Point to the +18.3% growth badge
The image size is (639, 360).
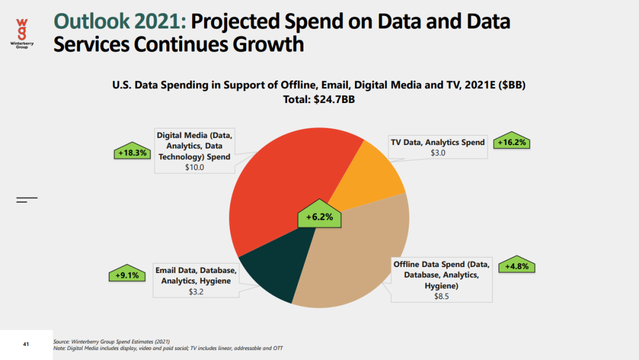(132, 153)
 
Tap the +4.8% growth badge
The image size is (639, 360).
(517, 266)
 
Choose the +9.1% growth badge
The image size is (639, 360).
(127, 275)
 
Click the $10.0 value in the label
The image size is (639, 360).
(194, 168)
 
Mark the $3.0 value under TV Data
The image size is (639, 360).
(437, 153)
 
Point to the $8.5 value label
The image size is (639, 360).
(441, 296)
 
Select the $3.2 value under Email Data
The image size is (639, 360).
(196, 292)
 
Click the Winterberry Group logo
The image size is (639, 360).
(22, 33)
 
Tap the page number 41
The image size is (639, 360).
(26, 344)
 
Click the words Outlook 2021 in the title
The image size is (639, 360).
(120, 22)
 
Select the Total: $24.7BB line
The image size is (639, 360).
(319, 99)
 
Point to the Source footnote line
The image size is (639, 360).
(112, 342)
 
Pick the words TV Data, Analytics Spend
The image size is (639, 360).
(437, 142)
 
